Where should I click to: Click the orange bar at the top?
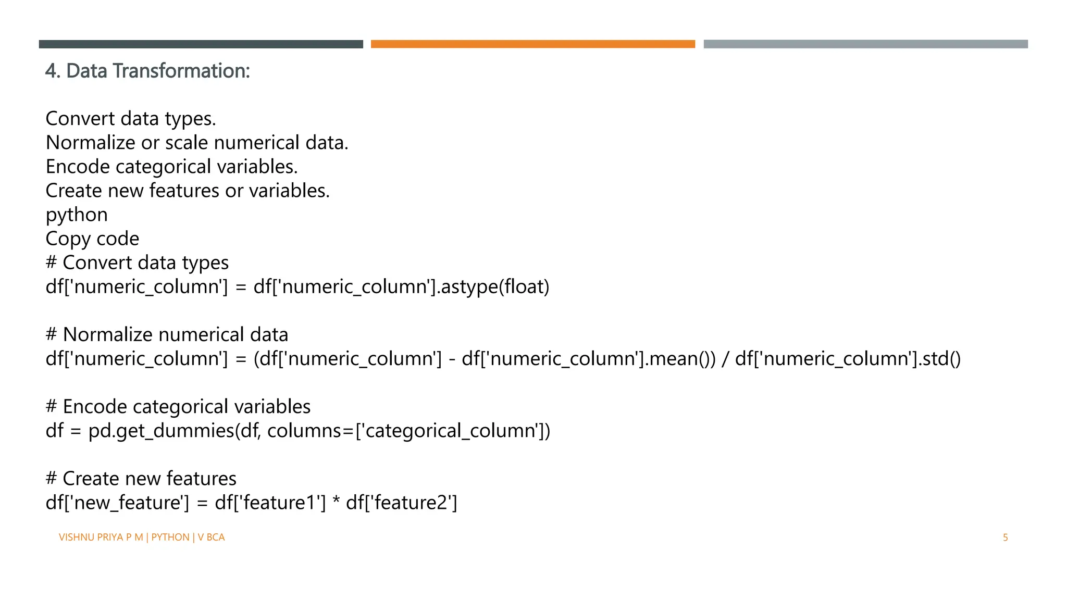[532, 44]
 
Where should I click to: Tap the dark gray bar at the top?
[201, 44]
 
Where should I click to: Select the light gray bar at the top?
[865, 44]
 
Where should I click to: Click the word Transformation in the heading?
[181, 71]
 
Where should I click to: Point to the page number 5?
[1005, 537]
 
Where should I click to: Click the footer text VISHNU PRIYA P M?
[101, 537]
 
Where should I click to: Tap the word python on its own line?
[77, 215]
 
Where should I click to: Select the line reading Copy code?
[92, 239]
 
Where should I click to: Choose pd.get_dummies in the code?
[161, 431]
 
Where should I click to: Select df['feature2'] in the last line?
[401, 503]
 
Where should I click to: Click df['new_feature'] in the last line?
[117, 503]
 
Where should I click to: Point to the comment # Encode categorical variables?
[178, 407]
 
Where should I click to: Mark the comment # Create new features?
[141, 479]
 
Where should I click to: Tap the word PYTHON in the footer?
[170, 537]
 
